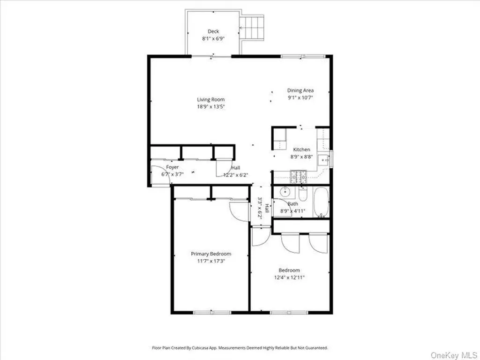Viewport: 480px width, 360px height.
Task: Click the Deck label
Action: tap(213, 31)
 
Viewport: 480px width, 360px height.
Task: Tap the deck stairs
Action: tap(251, 28)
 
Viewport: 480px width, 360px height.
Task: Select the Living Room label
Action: tap(210, 99)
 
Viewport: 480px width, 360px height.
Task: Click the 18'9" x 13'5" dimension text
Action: tap(210, 107)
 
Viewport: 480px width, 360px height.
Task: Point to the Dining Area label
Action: tap(300, 90)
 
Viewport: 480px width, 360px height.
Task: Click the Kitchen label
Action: tap(301, 150)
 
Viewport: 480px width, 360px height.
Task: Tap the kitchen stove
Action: tap(298, 177)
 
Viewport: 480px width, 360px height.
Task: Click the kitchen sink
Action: tap(323, 160)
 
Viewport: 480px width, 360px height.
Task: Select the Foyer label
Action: tap(172, 167)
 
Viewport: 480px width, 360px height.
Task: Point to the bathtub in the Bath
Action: tap(321, 202)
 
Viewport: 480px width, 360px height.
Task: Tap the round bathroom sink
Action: tap(285, 192)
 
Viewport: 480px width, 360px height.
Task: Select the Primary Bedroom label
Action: tap(211, 254)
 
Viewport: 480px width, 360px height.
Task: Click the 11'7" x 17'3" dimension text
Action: tap(211, 261)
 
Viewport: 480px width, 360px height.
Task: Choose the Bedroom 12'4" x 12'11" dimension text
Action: tap(289, 277)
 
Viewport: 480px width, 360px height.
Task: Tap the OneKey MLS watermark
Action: tap(454, 355)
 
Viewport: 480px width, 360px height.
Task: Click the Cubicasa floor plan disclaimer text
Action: tap(240, 348)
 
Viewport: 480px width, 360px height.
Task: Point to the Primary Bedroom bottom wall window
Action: tap(212, 312)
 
